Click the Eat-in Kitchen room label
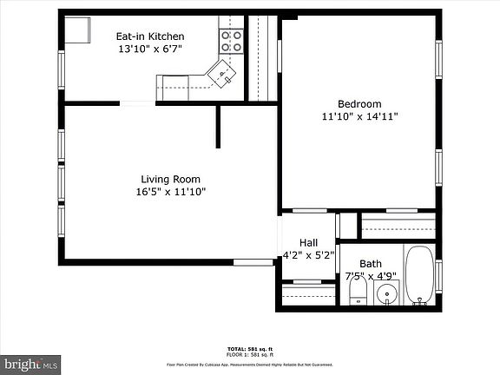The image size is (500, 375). [x=150, y=36]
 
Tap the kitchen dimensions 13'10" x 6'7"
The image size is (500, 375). [x=150, y=49]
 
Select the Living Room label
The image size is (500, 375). [x=170, y=180]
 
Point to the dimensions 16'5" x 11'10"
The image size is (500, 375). [x=170, y=193]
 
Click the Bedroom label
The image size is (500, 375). [x=359, y=104]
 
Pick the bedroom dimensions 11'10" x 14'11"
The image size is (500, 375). [x=359, y=116]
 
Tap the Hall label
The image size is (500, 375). [x=308, y=243]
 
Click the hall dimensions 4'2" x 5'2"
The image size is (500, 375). [x=308, y=256]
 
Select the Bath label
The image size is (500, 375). [x=371, y=264]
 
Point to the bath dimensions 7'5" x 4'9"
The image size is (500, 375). [x=371, y=277]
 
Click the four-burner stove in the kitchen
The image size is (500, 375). [x=232, y=38]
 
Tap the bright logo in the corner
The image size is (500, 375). [x=30, y=364]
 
